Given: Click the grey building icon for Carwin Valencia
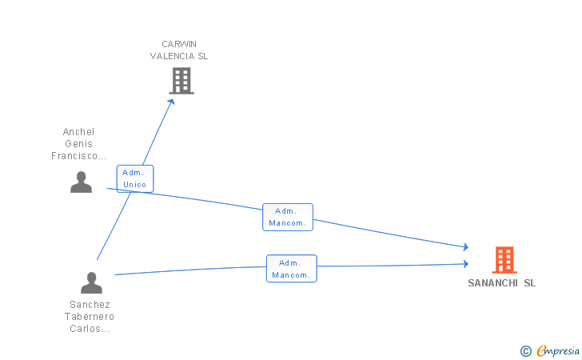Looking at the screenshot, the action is (181, 81).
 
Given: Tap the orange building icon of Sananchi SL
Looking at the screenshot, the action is (504, 260).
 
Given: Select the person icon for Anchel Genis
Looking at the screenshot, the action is (81, 182).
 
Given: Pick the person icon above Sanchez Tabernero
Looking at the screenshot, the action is (91, 282).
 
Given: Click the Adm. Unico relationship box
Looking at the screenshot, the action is (135, 178).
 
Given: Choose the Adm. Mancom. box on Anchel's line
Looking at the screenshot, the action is (288, 217).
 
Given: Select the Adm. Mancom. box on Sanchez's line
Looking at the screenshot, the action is (291, 269).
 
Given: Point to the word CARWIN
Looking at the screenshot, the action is (179, 44).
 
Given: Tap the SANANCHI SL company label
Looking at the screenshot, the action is (502, 283).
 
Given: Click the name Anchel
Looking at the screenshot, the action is (78, 132).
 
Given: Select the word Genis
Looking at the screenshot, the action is (78, 144).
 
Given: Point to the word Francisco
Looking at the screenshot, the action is (74, 156).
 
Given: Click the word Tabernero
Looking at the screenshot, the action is (90, 317).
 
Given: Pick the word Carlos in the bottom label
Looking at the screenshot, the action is (85, 329).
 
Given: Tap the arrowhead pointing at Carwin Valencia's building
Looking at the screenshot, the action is (171, 102).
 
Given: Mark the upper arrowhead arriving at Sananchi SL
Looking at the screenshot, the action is (465, 246).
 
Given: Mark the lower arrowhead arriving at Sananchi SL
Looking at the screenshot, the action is (465, 264).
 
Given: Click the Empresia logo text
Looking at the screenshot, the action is (558, 350).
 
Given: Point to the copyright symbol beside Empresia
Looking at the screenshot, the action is (525, 351).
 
